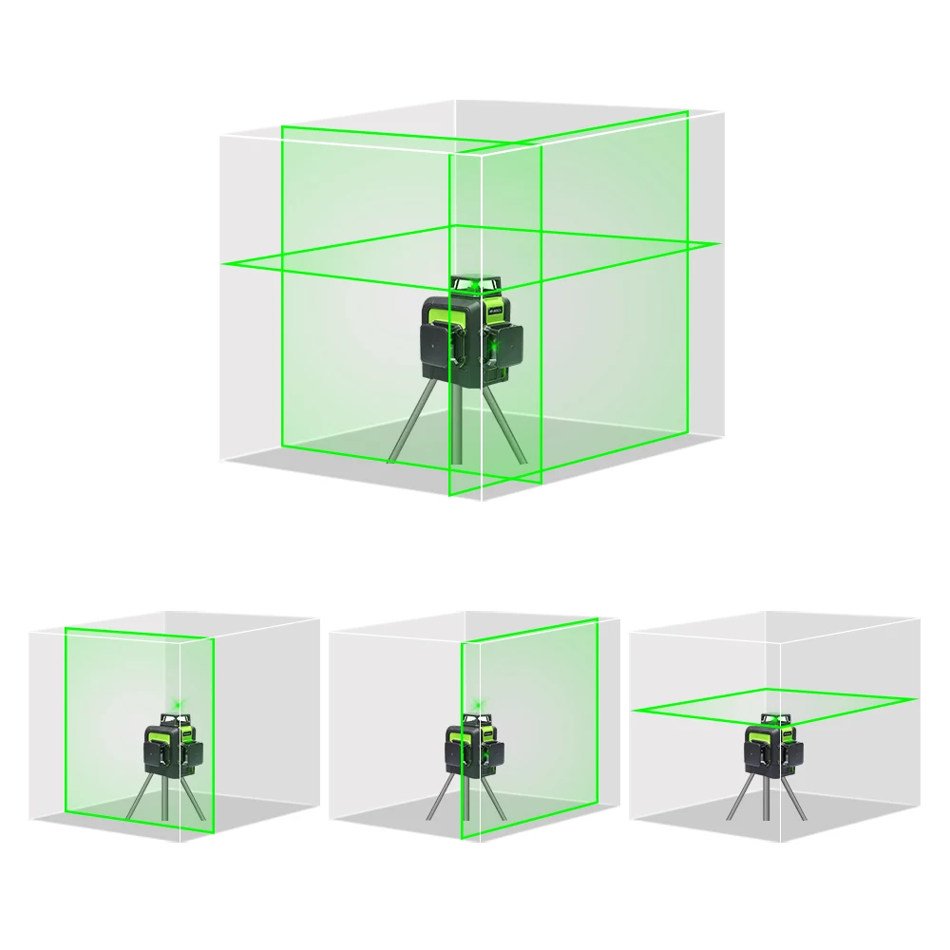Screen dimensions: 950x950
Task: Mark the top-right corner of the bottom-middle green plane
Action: [x=597, y=619]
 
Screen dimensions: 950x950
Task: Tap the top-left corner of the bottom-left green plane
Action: [x=66, y=628]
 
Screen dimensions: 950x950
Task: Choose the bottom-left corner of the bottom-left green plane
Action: [x=66, y=813]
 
